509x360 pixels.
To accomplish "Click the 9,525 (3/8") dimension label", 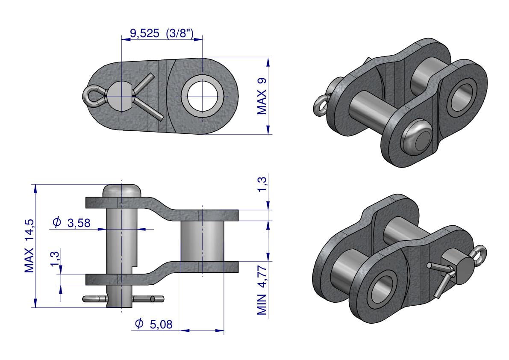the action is point(162,33).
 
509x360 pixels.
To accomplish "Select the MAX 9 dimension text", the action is point(262,96).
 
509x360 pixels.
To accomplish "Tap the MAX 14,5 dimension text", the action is point(29,246).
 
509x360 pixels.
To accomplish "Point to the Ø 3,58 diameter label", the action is point(71,223).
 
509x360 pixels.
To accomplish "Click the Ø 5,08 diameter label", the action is point(153,324).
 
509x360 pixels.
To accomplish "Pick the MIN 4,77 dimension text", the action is point(262,290).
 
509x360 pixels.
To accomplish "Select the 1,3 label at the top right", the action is point(262,184).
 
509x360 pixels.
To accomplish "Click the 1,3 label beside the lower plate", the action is point(55,259).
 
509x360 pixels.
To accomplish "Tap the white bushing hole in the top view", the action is point(203,96).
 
